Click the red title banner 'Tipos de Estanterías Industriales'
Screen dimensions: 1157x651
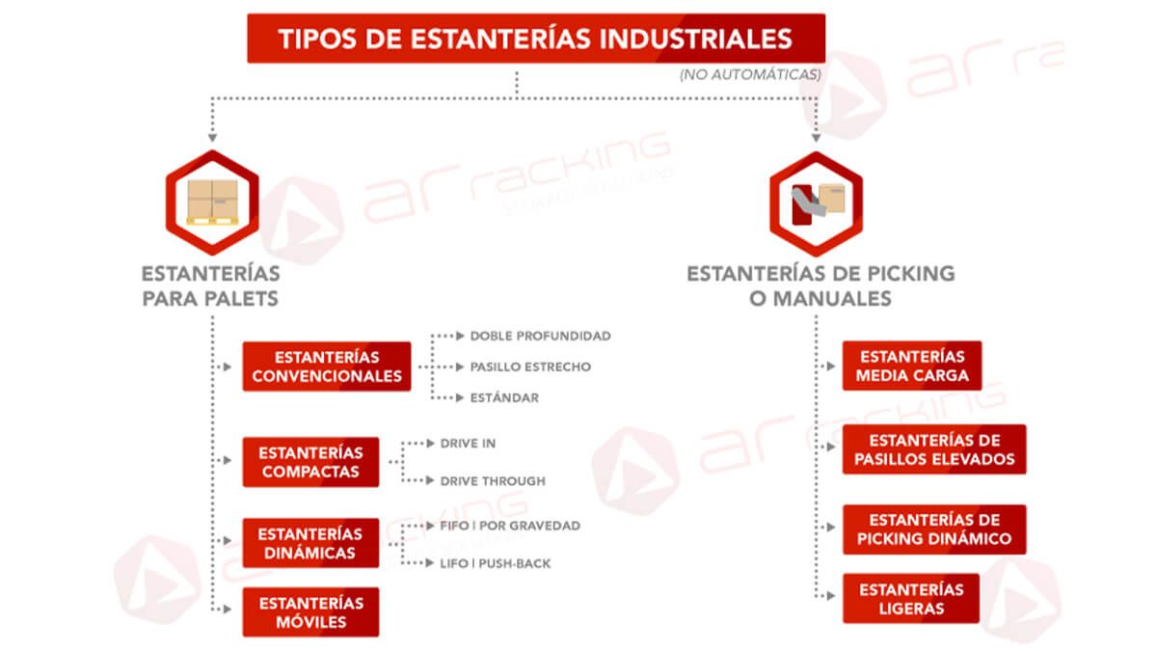click(536, 39)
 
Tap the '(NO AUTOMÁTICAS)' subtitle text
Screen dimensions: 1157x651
click(750, 75)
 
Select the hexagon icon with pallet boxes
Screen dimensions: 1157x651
click(212, 203)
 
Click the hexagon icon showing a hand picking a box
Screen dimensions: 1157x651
click(816, 204)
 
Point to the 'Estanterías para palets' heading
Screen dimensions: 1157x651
click(211, 286)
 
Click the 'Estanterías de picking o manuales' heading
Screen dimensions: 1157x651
click(821, 286)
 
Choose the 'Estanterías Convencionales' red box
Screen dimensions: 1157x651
click(327, 366)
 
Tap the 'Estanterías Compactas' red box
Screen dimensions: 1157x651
click(310, 462)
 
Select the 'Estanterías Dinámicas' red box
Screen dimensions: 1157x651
click(310, 543)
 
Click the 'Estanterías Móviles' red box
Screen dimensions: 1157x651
click(310, 612)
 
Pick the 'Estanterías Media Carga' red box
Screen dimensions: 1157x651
click(912, 366)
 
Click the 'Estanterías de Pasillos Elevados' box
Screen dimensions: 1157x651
click(934, 449)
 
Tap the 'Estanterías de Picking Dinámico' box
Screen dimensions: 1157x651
click(934, 529)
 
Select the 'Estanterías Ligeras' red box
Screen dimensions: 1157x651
click(911, 598)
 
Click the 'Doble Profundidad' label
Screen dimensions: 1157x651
click(540, 336)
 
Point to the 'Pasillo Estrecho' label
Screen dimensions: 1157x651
click(530, 366)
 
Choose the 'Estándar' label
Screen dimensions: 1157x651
click(504, 397)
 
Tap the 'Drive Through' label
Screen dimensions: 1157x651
click(493, 481)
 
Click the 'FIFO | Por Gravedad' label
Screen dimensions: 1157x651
click(510, 526)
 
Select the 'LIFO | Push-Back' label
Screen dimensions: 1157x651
click(496, 563)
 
